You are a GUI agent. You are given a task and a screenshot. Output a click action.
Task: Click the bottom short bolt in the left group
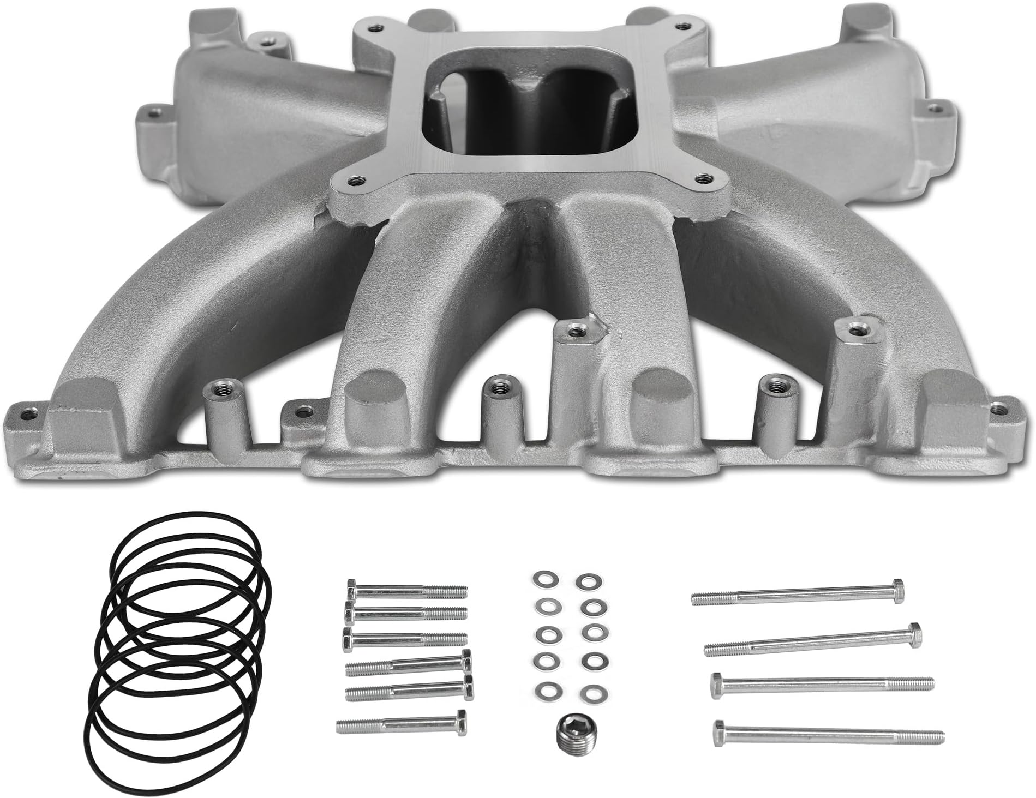point(401,725)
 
